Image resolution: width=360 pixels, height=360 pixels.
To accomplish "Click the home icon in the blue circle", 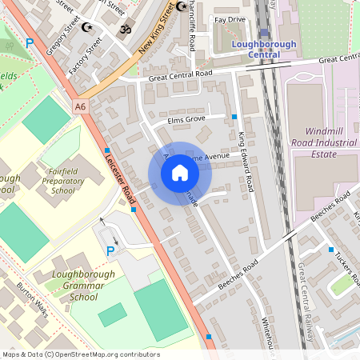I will [x=180, y=172].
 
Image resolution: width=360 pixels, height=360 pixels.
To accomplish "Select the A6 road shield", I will [x=80, y=106].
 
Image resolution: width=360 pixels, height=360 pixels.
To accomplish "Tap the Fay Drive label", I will [x=230, y=18].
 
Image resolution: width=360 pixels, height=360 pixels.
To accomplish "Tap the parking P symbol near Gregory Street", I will [x=30, y=43].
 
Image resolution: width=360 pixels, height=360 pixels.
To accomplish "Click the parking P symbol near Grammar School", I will [x=110, y=251].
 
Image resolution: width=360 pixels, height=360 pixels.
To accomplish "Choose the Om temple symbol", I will [x=124, y=29].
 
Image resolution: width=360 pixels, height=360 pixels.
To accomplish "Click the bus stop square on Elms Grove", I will [x=234, y=117].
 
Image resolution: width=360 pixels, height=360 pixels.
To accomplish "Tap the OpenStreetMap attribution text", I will [x=80, y=354].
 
